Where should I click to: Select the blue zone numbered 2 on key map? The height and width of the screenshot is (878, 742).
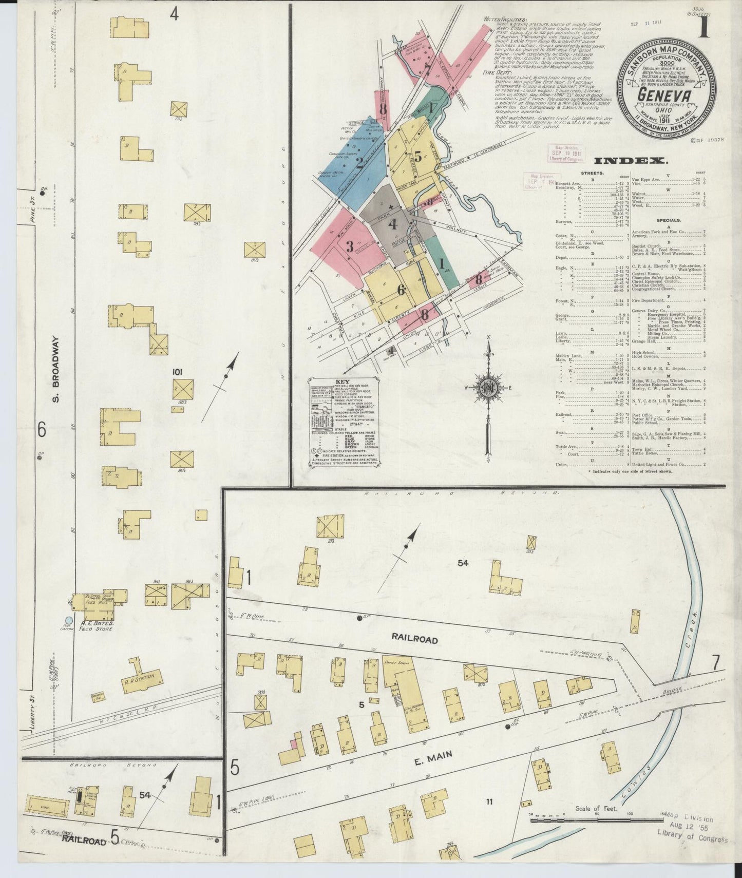point(360,164)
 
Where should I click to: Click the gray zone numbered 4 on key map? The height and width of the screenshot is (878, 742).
point(393,224)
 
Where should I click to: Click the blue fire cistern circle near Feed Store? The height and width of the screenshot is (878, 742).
point(69,621)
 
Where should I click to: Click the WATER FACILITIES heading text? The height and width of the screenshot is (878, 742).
point(504,19)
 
